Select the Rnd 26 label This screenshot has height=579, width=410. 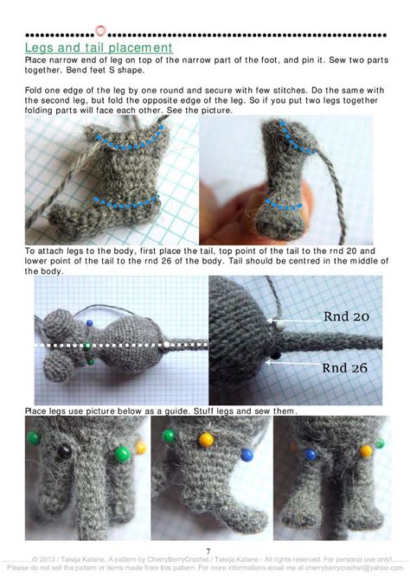click(x=345, y=367)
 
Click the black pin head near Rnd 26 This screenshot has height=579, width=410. click(x=276, y=354)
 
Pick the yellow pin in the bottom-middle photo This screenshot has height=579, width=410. click(x=206, y=439)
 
